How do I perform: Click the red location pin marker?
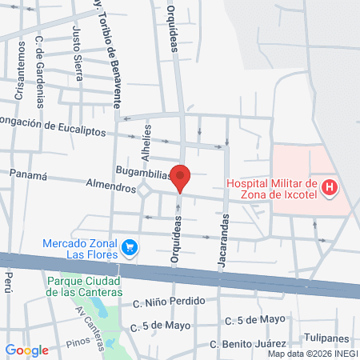coord(181,178)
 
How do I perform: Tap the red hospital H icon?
coord(329,189)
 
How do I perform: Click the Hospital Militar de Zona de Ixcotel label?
coord(272,190)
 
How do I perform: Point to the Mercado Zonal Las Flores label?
coord(80,250)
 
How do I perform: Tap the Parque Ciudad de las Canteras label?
coord(83,286)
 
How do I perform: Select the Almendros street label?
coord(111,186)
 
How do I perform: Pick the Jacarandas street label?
coord(224,239)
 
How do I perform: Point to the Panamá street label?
coord(29,174)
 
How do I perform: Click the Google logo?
coord(27,350)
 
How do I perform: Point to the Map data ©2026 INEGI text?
coord(311,354)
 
